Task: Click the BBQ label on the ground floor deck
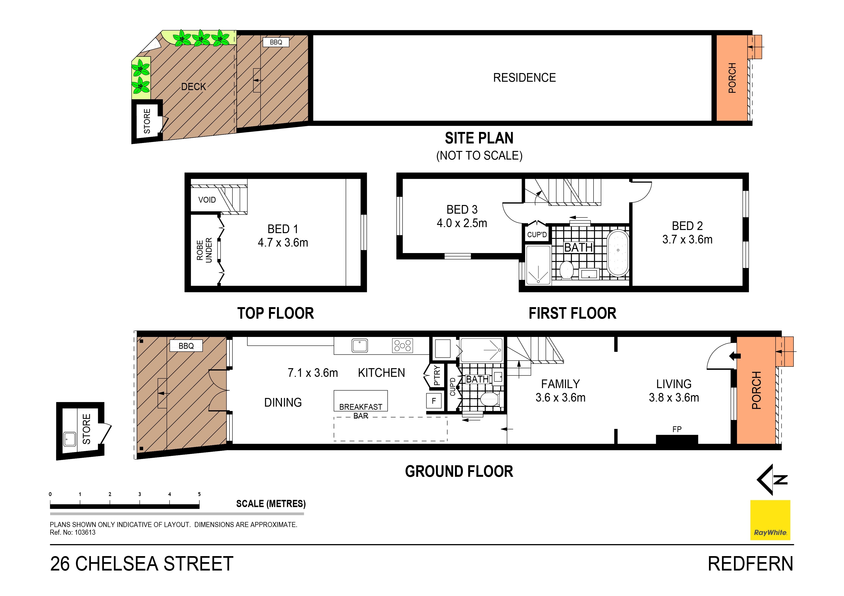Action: pos(186,346)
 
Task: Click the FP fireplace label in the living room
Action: pos(677,429)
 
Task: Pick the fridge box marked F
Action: pos(434,401)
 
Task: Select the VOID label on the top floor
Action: pos(207,200)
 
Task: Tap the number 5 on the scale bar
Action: pos(199,494)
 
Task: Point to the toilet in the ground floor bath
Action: pos(489,399)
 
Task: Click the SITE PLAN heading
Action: pos(479,138)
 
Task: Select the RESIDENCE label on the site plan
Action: pos(524,78)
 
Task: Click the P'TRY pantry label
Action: pos(437,375)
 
